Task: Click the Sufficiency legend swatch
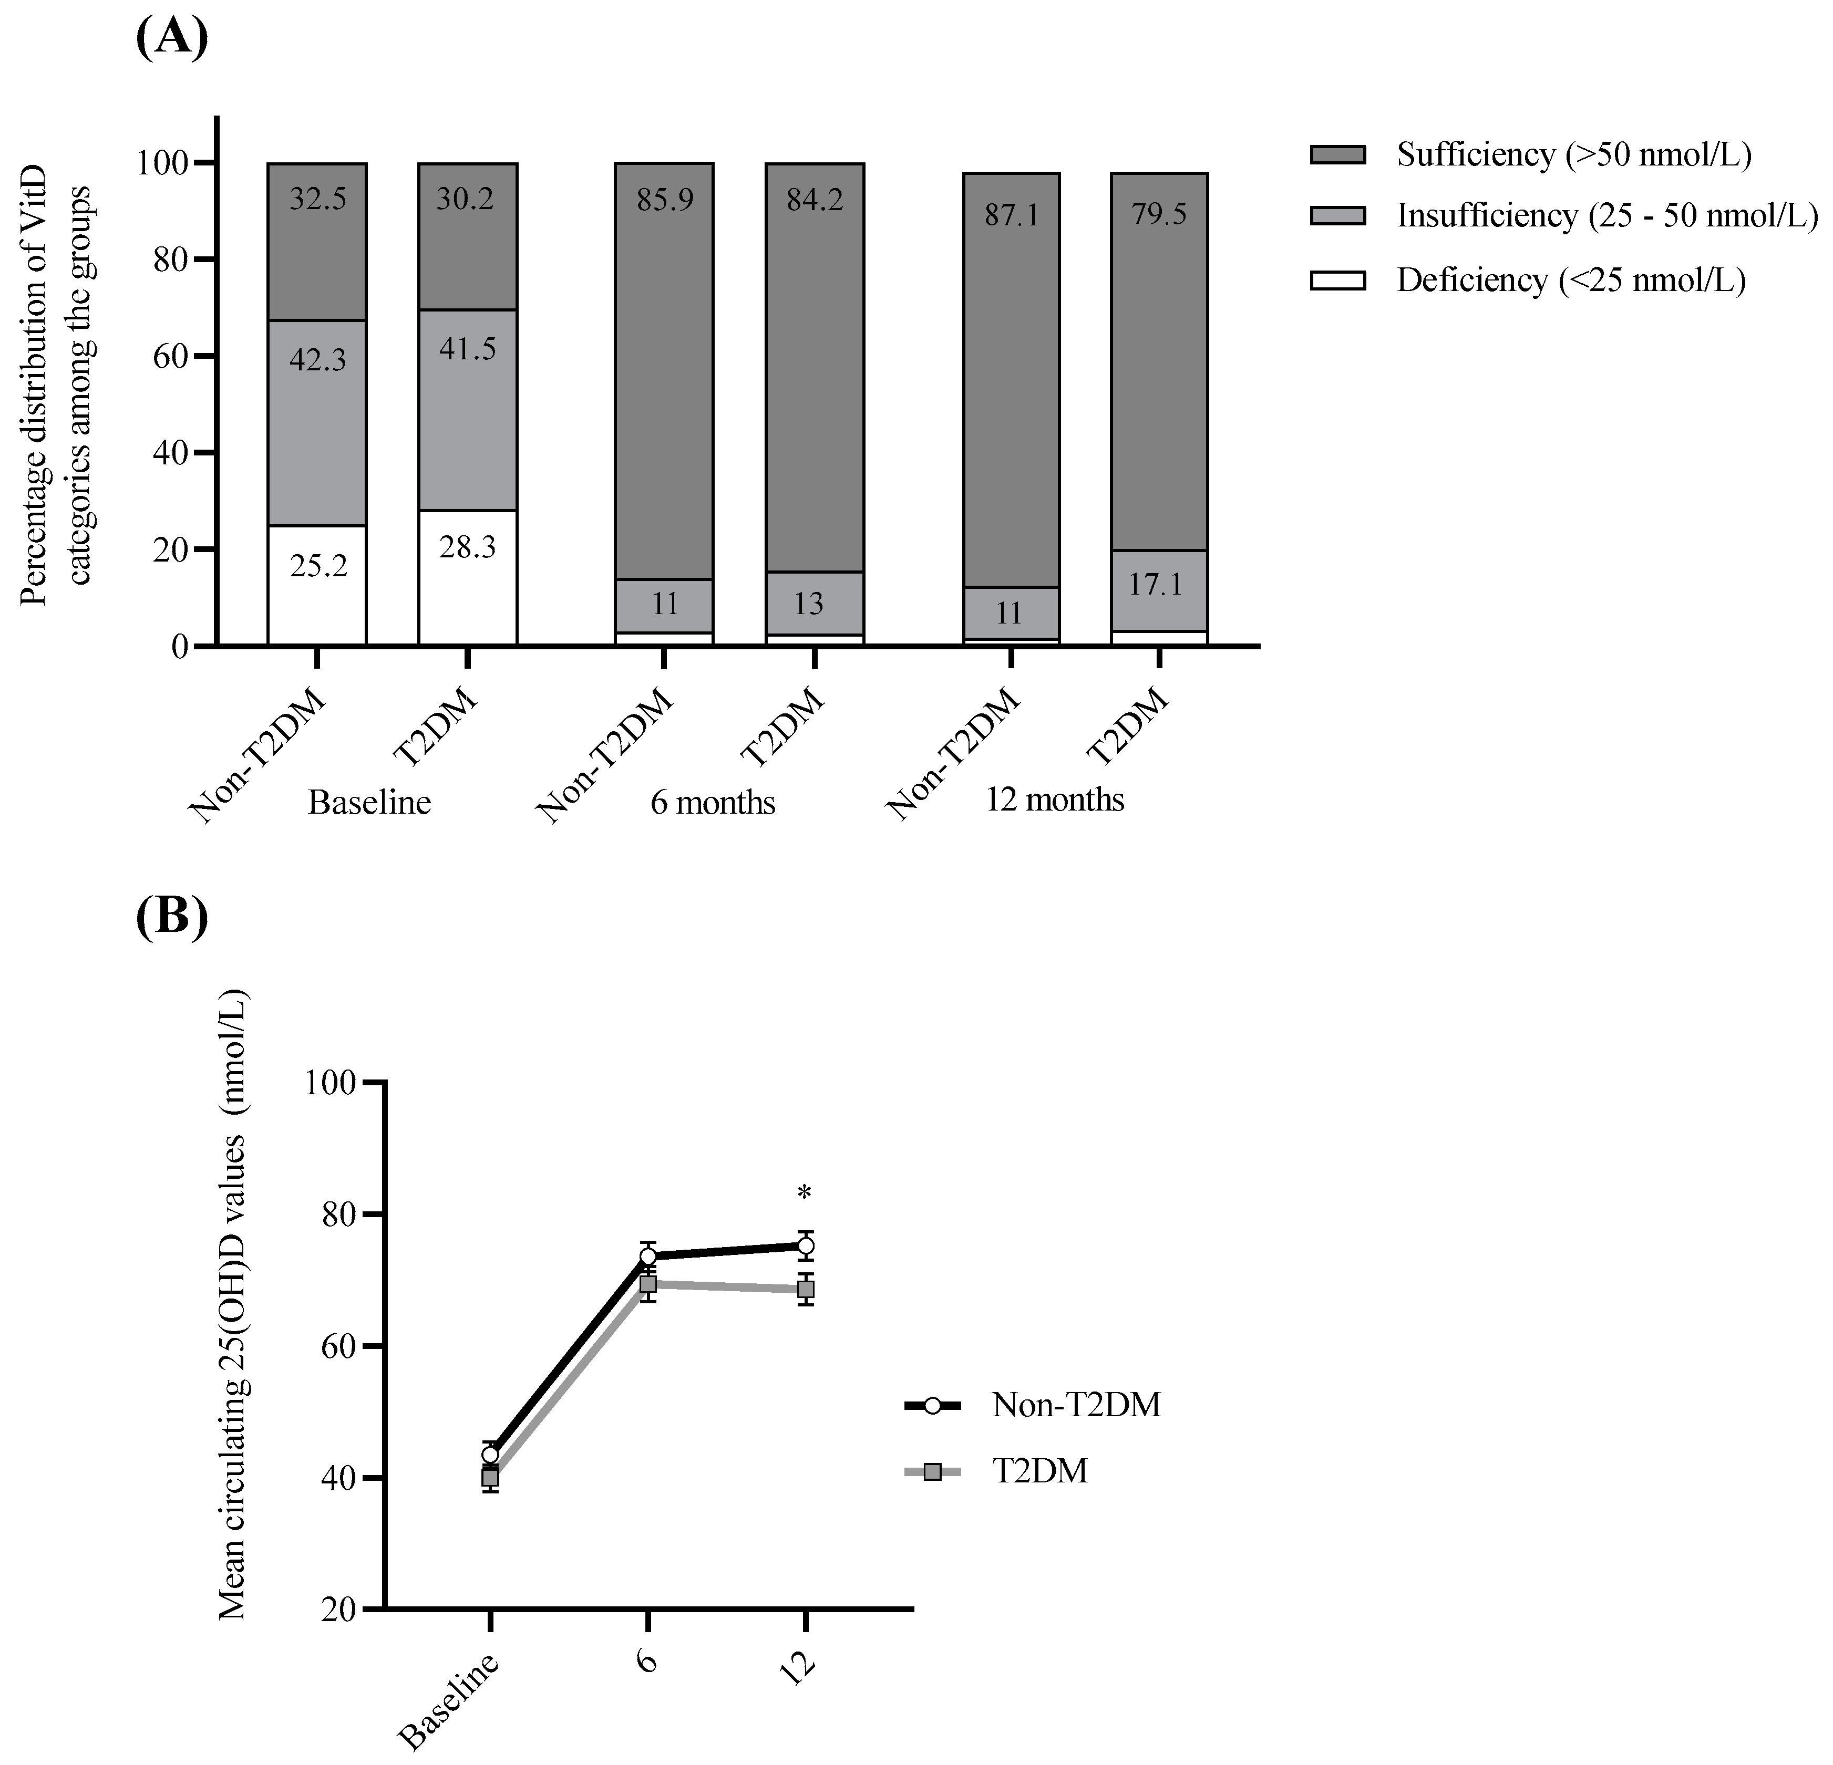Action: coord(1337,155)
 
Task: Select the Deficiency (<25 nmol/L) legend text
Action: coord(1571,281)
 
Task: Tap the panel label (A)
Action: coord(171,37)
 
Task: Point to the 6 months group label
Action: coord(713,802)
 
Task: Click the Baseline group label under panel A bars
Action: coord(369,802)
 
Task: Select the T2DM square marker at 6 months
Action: coord(647,1284)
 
